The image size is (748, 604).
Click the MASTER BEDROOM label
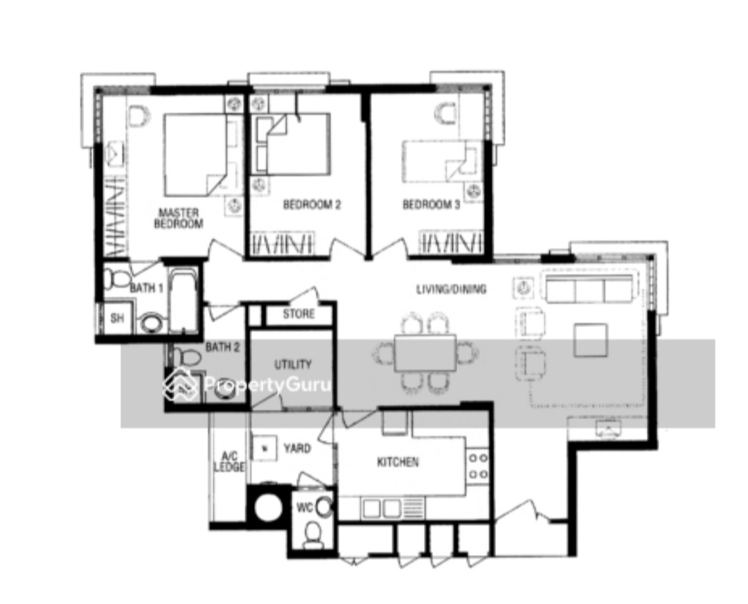click(x=179, y=218)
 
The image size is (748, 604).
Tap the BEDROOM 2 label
click(x=312, y=204)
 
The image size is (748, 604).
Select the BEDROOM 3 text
click(x=431, y=204)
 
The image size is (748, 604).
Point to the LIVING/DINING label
click(x=452, y=289)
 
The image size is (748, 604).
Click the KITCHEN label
click(x=398, y=462)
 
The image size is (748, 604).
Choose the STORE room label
click(x=299, y=314)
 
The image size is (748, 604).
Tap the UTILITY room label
click(x=293, y=364)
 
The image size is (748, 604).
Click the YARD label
click(x=297, y=448)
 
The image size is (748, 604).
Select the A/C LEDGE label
click(x=229, y=461)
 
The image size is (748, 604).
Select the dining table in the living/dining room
click(x=425, y=353)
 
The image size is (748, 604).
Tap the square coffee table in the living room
click(x=591, y=340)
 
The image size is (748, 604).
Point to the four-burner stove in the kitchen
click(x=478, y=466)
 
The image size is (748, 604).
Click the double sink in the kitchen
click(x=382, y=508)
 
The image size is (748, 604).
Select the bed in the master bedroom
click(x=194, y=154)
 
